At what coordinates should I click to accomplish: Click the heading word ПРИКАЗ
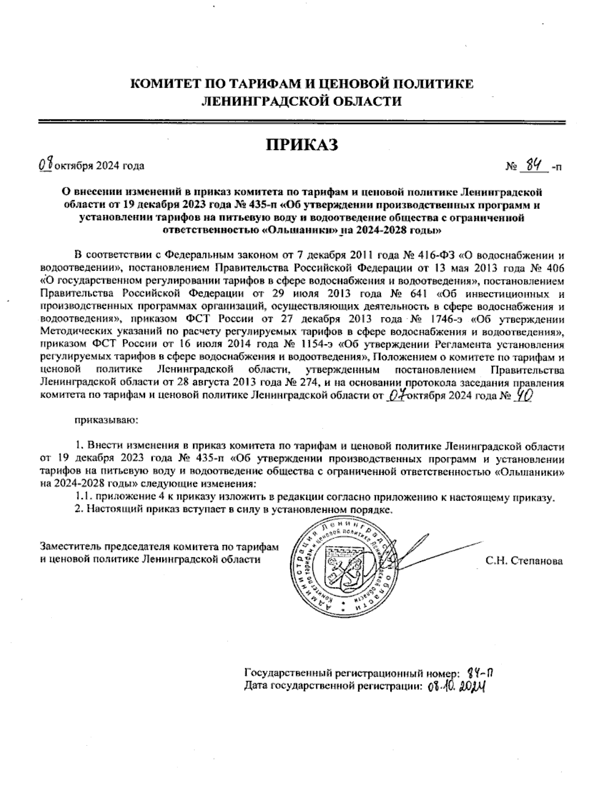tap(301, 145)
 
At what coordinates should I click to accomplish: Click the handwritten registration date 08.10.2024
tap(457, 687)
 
